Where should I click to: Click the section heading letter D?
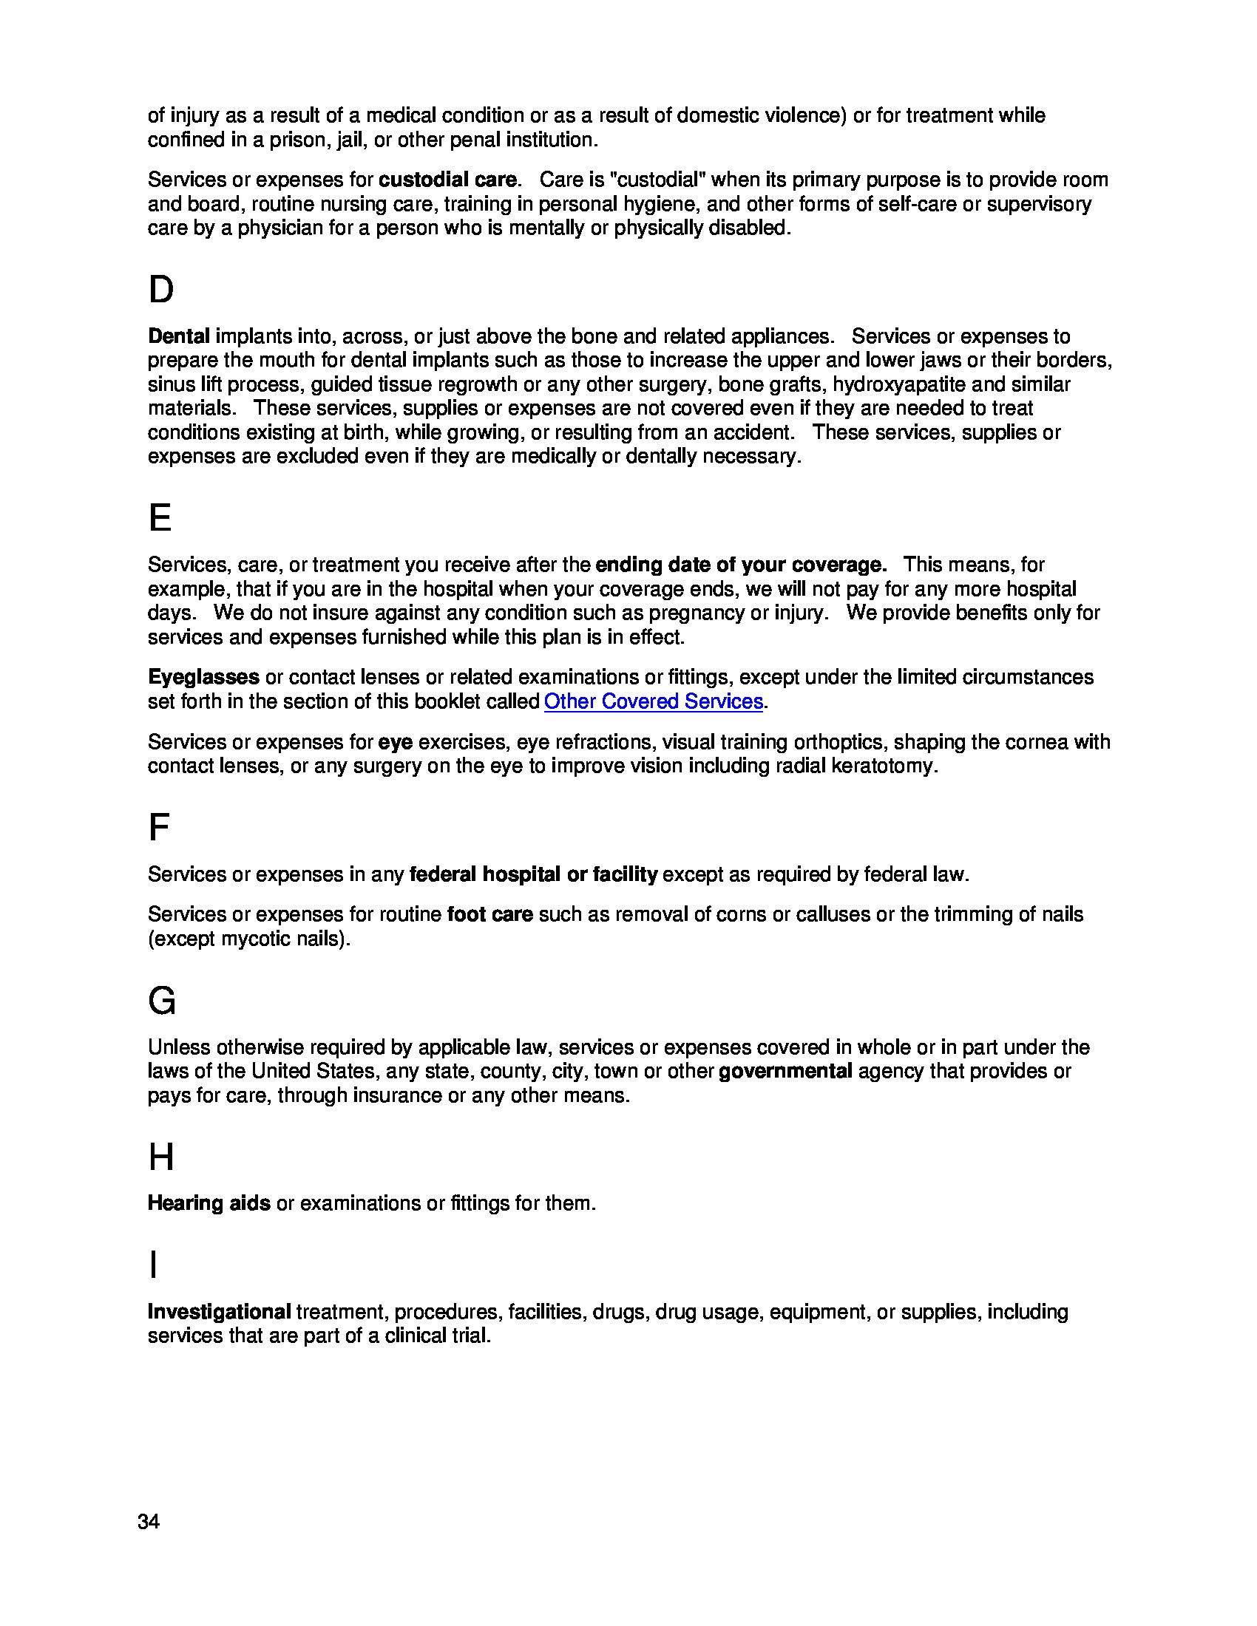point(161,290)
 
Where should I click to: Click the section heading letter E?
point(160,518)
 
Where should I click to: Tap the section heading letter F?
point(159,827)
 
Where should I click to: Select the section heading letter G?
point(162,1001)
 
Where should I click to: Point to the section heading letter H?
point(161,1157)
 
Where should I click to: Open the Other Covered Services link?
point(653,701)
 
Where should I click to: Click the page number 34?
point(148,1522)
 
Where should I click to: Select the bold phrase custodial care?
point(447,180)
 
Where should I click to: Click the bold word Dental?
point(179,336)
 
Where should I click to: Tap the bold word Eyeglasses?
point(203,677)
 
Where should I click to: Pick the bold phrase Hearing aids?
point(209,1203)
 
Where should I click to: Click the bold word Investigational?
point(219,1312)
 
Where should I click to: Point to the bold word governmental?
point(785,1072)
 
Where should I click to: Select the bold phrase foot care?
point(489,914)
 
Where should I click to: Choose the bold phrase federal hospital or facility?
point(533,874)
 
